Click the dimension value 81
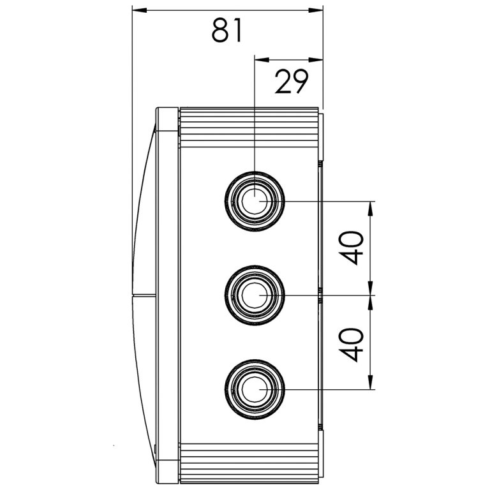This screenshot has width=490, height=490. click(227, 30)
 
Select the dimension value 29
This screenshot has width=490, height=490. click(292, 82)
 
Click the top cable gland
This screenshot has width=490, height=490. click(255, 201)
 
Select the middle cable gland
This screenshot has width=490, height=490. click(255, 295)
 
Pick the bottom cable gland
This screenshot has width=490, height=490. click(255, 389)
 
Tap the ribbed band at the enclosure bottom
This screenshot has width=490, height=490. click(249, 463)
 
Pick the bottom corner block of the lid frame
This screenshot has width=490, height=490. click(167, 469)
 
